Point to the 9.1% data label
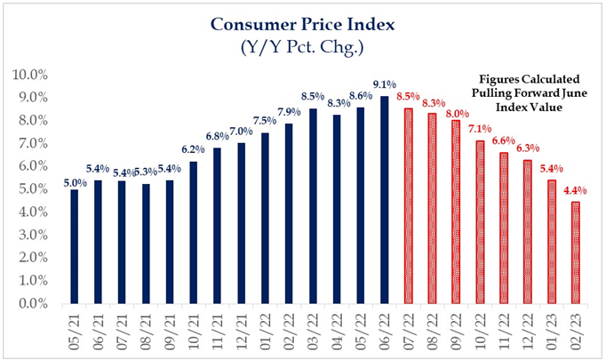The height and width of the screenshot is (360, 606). click(383, 86)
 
